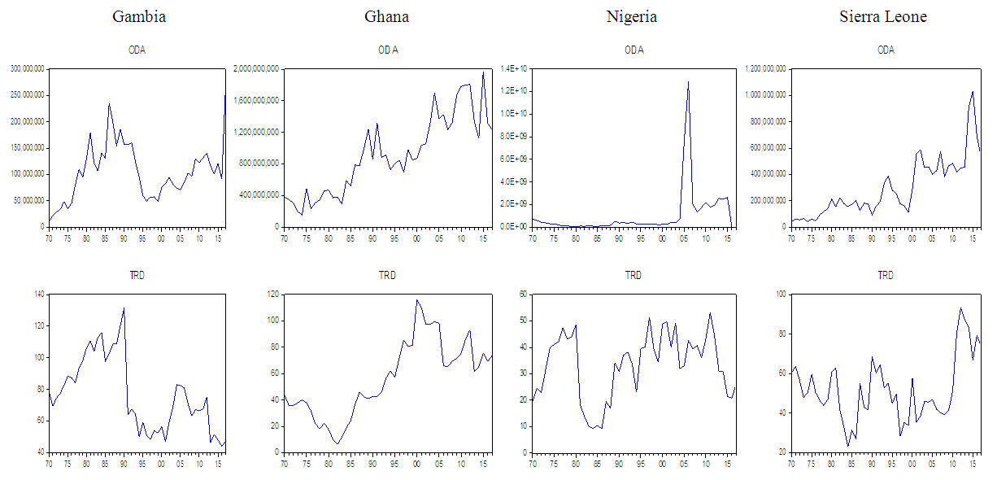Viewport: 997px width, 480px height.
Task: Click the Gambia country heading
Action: (x=139, y=16)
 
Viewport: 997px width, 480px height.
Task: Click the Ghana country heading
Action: (x=387, y=16)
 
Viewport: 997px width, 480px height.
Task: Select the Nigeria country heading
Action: (x=632, y=16)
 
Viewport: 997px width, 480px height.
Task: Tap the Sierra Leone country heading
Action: (x=883, y=16)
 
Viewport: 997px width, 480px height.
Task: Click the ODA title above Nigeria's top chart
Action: (x=633, y=50)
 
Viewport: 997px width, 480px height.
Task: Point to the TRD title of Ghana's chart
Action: (x=387, y=276)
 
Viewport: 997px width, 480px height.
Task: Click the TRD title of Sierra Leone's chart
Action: (x=885, y=276)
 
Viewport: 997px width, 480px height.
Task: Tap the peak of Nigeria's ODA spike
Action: (x=688, y=81)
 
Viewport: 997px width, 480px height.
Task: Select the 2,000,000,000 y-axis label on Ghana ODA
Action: (x=256, y=69)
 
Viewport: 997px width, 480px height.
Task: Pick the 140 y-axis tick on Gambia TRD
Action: (x=39, y=295)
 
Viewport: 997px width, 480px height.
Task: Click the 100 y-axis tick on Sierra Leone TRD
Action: (x=778, y=295)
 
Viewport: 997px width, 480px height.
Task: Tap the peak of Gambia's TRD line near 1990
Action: (x=124, y=308)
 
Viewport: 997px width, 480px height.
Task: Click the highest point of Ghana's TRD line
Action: (x=416, y=300)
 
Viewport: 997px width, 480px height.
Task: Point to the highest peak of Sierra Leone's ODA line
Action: (x=973, y=91)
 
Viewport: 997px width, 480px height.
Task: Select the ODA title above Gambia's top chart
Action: (x=137, y=50)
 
